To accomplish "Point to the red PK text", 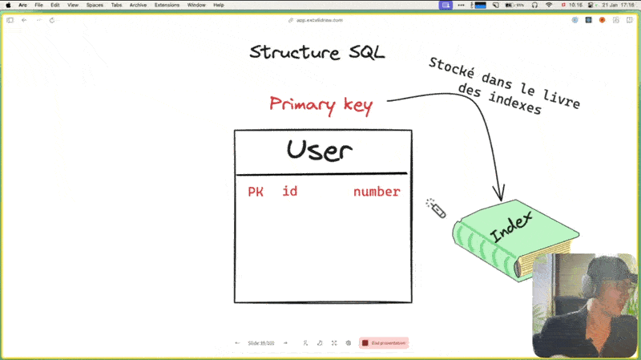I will tap(256, 192).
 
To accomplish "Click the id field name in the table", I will tap(290, 192).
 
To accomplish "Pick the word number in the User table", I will tap(377, 192).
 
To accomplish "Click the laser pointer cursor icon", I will tap(435, 208).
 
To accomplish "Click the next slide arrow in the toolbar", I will tap(285, 342).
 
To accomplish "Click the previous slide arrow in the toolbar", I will tap(237, 342).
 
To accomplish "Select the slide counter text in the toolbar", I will tap(260, 342).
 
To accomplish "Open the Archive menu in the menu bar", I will tap(138, 5).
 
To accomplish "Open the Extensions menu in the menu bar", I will tap(167, 5).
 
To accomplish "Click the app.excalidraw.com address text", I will tap(320, 20).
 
